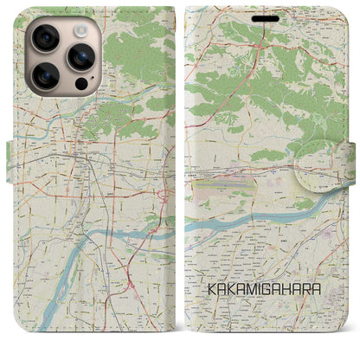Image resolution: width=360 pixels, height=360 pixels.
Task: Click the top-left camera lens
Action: click(43, 36)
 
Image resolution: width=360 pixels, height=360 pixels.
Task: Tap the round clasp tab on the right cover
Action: click(319, 166)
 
